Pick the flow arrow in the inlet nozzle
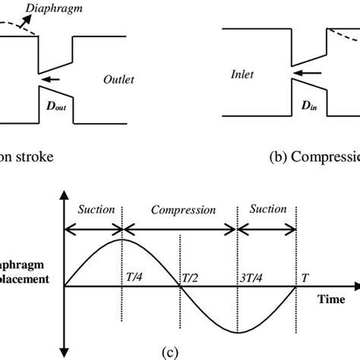point(304,74)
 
